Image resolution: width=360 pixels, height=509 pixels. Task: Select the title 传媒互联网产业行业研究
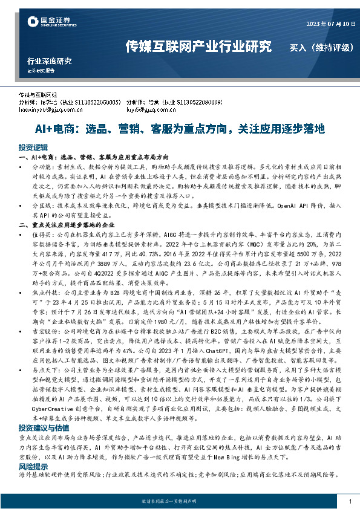(198, 47)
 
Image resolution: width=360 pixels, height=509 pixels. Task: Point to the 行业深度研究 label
(49, 60)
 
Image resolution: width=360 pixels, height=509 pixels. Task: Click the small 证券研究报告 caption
(41, 70)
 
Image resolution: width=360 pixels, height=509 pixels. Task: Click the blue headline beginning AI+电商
(180, 129)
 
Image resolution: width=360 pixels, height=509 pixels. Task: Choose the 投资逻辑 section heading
(33, 148)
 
